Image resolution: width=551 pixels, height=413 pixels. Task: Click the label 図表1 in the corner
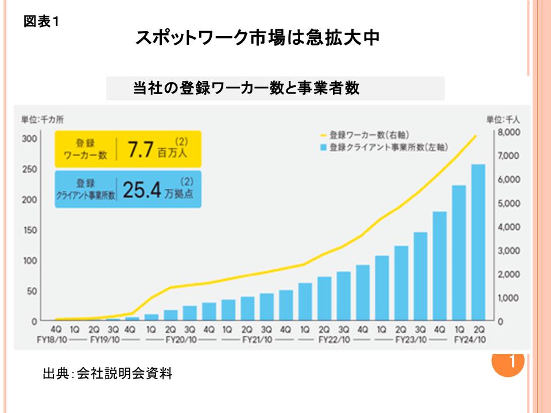pos(42,22)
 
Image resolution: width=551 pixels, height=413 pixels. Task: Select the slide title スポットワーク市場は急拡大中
pos(257,39)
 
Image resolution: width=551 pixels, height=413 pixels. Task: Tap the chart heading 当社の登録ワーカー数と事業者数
pos(246,89)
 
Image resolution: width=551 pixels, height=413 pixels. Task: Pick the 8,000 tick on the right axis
pos(509,133)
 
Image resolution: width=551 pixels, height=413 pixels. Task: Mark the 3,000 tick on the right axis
pos(509,251)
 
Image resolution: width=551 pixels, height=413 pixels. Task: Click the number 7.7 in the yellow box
pos(141,149)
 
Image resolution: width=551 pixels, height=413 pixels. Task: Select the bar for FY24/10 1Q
pos(459,252)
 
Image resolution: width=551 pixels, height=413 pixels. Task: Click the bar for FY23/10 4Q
pos(440,266)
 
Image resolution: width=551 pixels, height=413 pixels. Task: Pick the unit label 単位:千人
pos(503,120)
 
